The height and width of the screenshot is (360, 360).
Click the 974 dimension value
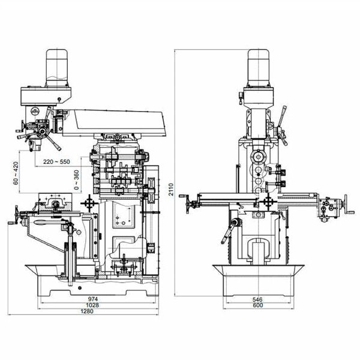click(x=93, y=299)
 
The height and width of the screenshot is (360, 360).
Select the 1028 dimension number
click(x=92, y=305)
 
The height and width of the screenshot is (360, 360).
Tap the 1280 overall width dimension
click(x=87, y=311)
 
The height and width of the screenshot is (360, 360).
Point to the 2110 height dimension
click(x=171, y=189)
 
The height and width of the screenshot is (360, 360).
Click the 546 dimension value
click(x=257, y=299)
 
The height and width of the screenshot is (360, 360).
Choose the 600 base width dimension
click(x=257, y=305)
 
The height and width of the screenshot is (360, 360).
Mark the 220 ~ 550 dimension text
click(x=56, y=161)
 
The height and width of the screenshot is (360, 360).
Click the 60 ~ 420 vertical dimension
click(x=16, y=173)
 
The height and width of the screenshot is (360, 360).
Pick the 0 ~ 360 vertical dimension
click(x=77, y=180)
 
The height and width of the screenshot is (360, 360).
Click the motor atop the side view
click(x=57, y=68)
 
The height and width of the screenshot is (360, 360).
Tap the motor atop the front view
click(x=258, y=68)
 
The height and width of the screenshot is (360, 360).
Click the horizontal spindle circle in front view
click(x=259, y=157)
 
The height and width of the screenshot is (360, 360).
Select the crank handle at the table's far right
click(x=347, y=205)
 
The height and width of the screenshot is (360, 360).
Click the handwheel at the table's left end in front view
click(x=188, y=203)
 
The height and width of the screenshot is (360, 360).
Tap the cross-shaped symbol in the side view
click(x=89, y=203)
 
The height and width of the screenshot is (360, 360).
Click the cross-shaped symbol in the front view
click(x=268, y=202)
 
